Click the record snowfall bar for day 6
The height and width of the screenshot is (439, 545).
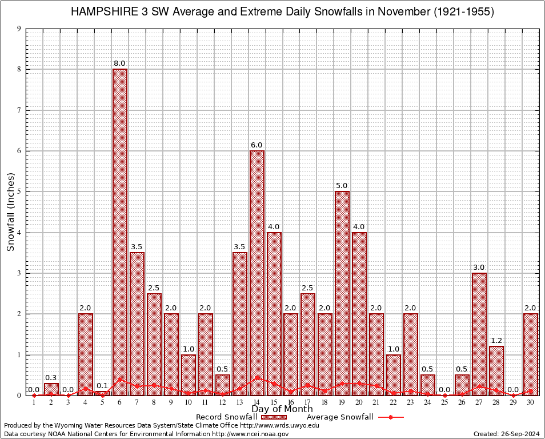(120, 229)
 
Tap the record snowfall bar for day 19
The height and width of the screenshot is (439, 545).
(342, 292)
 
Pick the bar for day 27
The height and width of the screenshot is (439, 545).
(479, 332)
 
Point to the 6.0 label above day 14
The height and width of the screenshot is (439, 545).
(257, 145)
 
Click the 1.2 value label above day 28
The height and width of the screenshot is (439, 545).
(496, 341)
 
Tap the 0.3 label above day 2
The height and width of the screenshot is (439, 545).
(51, 377)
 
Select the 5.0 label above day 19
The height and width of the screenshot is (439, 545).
(342, 186)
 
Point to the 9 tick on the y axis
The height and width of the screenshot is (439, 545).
(19, 29)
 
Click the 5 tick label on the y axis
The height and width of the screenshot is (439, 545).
(19, 191)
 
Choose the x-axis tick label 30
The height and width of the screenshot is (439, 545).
(531, 402)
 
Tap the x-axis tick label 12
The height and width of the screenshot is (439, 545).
(222, 402)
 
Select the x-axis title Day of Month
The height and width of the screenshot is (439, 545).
(282, 409)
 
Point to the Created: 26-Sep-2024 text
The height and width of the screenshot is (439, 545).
(507, 434)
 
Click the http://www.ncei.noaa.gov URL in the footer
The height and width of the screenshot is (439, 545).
(250, 434)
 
